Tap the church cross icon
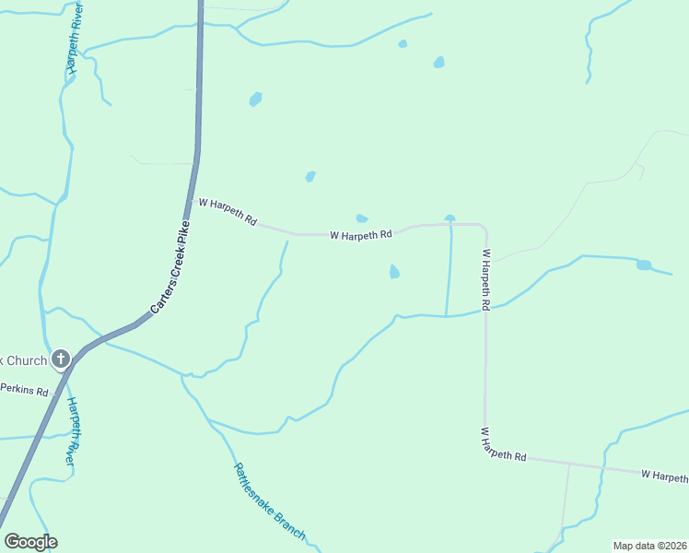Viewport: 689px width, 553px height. [61, 359]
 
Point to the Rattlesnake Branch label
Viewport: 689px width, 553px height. [268, 500]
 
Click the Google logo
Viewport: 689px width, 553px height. [30, 542]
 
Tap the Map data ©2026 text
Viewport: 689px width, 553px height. [649, 546]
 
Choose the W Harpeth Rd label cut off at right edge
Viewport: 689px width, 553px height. [664, 476]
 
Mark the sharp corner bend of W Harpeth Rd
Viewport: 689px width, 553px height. [484, 227]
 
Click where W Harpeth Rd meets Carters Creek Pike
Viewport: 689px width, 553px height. [195, 200]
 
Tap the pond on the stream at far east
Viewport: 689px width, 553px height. [644, 265]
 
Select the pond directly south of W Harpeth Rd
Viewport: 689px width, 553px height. [394, 272]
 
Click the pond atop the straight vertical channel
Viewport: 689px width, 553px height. [450, 218]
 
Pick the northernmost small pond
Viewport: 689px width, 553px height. [403, 43]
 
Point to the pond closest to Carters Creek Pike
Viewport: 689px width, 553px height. [255, 99]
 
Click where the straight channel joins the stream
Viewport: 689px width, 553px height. [447, 316]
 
